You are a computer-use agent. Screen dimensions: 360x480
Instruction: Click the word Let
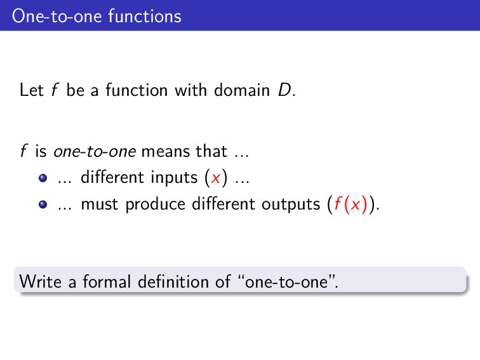31,90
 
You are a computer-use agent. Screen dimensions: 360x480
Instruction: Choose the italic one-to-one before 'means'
95,152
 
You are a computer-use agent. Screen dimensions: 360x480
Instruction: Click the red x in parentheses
217,178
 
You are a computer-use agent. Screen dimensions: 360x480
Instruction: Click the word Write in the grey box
40,281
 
